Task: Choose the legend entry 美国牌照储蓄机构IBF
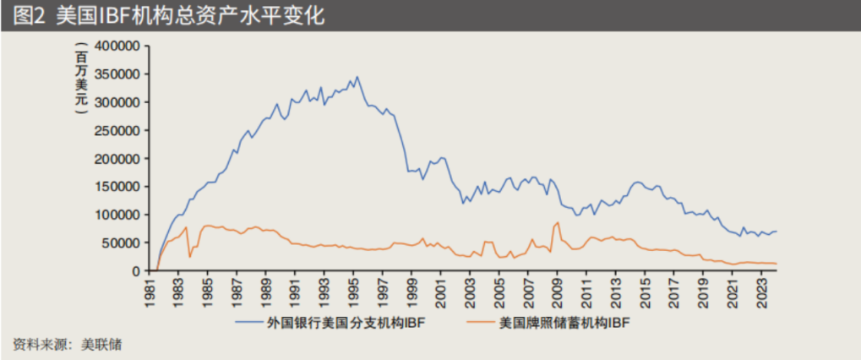565,322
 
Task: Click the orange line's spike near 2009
557,222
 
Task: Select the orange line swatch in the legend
479,322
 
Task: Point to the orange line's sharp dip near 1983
190,256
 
